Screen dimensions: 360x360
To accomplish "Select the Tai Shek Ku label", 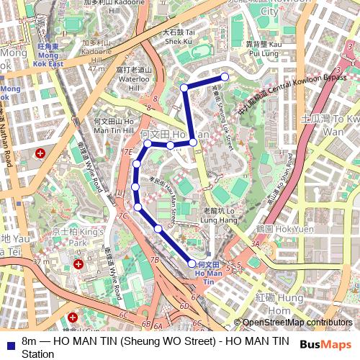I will pos(179,37).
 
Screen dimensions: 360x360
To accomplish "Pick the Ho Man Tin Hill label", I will pos(114,126).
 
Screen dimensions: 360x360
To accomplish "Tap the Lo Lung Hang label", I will pos(220,215).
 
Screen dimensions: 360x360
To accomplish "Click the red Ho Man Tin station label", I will pos(210,273).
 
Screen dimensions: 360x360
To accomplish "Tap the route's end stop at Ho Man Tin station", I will pos(192,264).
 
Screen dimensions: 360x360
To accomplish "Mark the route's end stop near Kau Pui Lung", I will pos(225,76).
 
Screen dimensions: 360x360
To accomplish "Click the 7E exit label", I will pos(128,152).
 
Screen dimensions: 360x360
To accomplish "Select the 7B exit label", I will pos(154,259).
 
